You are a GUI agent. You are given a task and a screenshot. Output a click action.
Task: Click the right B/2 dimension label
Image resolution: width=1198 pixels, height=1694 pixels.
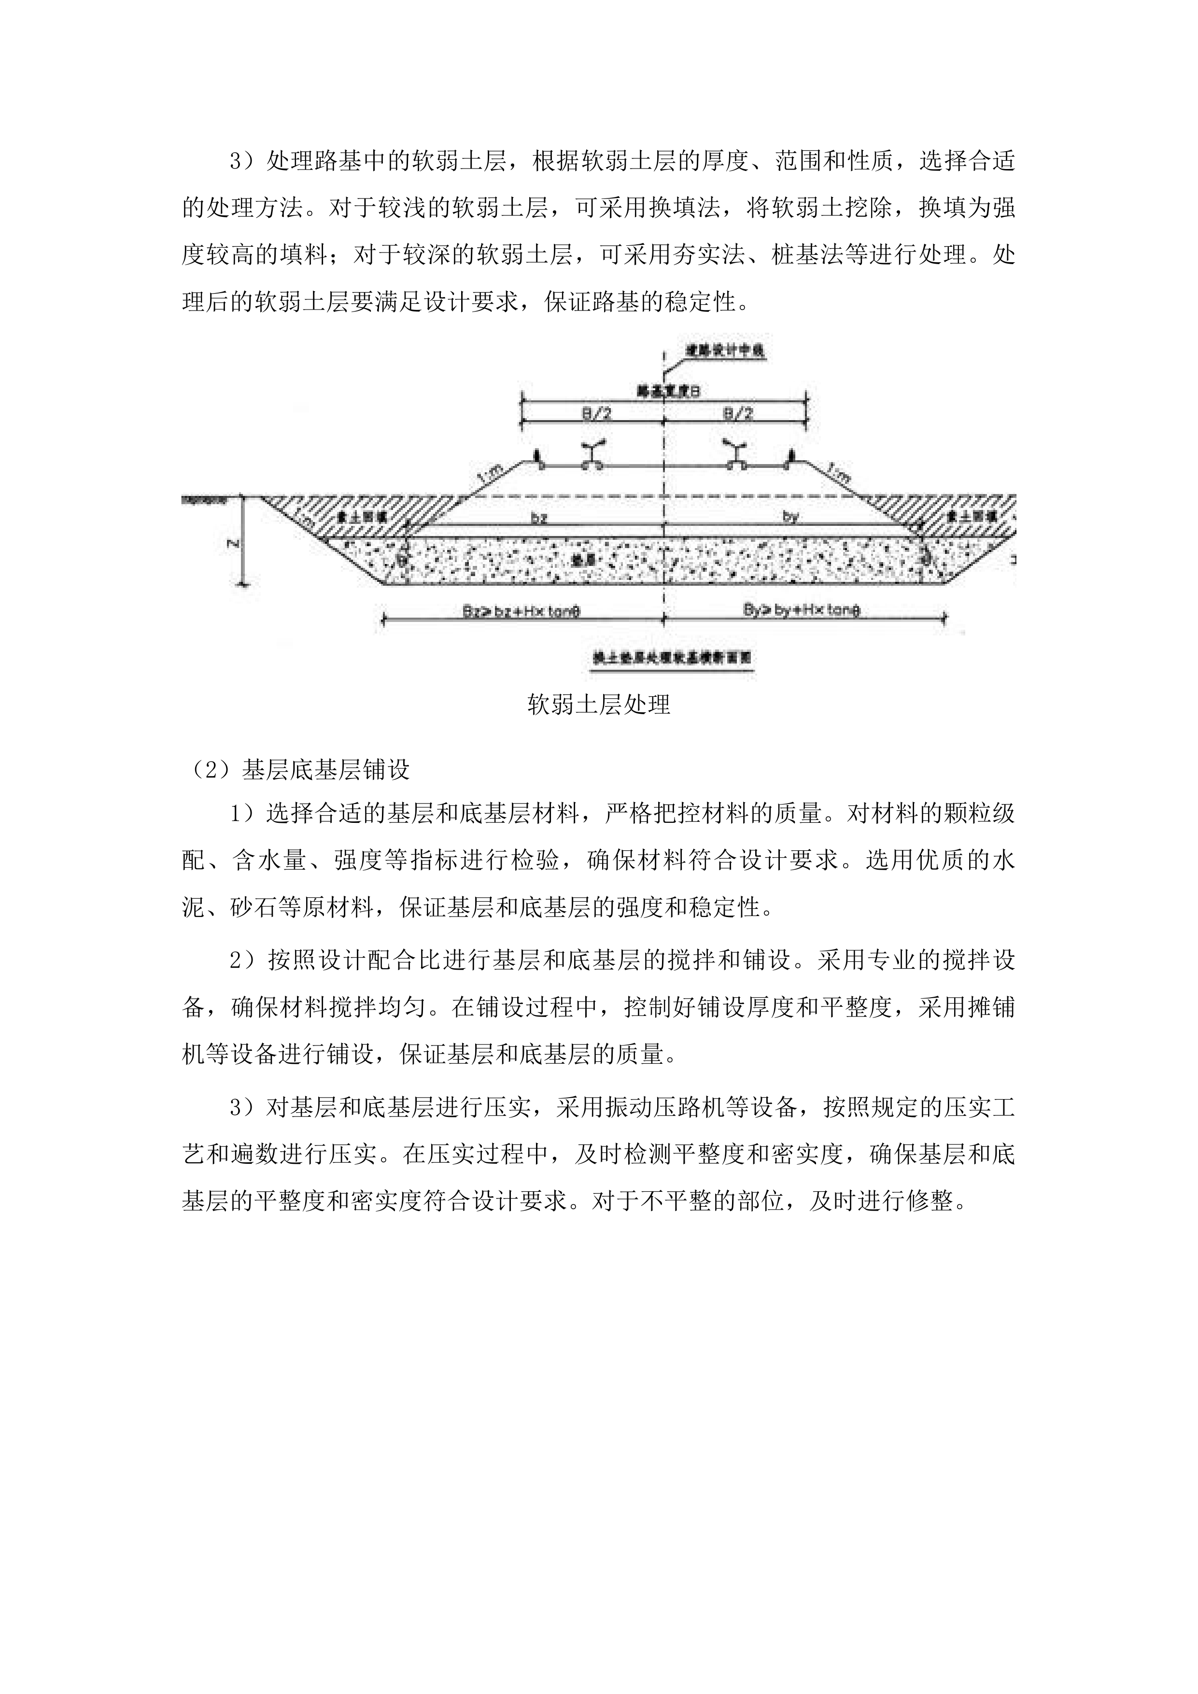(x=738, y=414)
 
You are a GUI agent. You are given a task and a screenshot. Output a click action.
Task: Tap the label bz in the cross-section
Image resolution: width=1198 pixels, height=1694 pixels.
(x=539, y=518)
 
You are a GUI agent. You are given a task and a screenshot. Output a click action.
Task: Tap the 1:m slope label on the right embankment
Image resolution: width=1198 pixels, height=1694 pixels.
(x=839, y=473)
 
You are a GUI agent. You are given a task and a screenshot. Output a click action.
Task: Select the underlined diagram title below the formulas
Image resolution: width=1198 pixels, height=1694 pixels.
(x=672, y=657)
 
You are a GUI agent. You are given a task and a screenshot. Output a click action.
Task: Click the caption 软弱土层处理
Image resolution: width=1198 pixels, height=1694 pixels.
(x=599, y=705)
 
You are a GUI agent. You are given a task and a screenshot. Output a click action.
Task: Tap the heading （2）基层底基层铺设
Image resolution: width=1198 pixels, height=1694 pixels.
(x=296, y=770)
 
